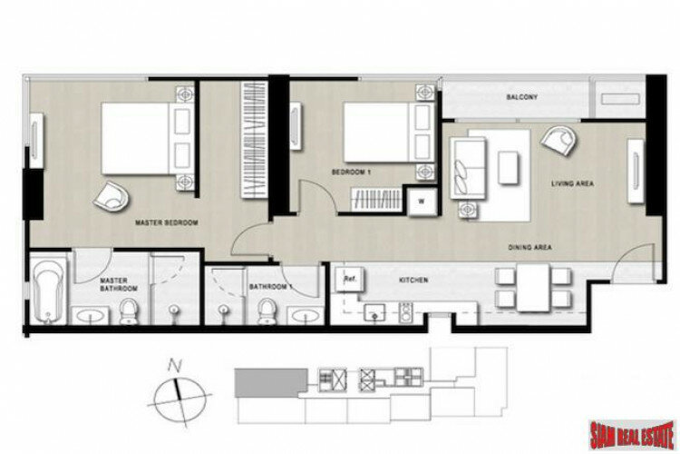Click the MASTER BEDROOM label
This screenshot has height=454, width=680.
click(x=167, y=222)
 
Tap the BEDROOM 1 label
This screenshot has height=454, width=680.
click(x=351, y=172)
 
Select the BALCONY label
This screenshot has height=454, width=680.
click(x=522, y=97)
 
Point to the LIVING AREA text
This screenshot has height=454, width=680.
click(x=572, y=183)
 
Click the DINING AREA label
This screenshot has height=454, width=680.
click(x=530, y=247)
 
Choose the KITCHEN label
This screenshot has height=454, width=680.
click(x=413, y=281)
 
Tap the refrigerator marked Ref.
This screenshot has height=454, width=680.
click(x=350, y=280)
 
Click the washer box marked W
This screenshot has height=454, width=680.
click(x=422, y=202)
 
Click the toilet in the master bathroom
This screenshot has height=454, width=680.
click(x=129, y=311)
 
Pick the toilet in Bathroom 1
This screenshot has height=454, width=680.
click(x=266, y=311)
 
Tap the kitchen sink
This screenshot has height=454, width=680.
click(x=374, y=312)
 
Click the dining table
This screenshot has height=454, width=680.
click(x=533, y=288)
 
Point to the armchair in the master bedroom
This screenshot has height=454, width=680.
click(x=111, y=195)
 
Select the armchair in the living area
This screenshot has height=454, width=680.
click(x=559, y=141)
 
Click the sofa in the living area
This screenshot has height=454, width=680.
click(x=468, y=168)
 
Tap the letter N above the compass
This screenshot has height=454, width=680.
click(x=174, y=367)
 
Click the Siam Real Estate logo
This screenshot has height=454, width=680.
click(x=632, y=435)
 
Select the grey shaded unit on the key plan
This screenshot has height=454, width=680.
click(x=271, y=383)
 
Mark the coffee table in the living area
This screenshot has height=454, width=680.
click(x=509, y=167)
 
